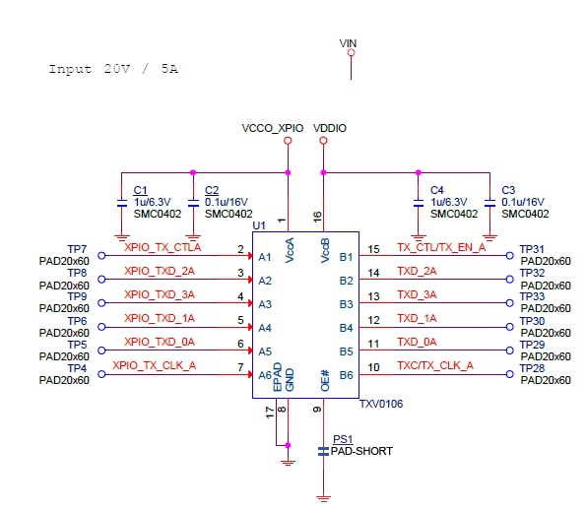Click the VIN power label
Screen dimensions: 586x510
coord(348,43)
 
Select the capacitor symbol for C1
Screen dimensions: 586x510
coord(122,203)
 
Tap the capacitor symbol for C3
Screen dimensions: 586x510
coord(489,203)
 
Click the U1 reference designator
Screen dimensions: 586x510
coord(259,225)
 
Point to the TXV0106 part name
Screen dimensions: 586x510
coord(381,404)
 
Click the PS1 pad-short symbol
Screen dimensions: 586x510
coord(323,451)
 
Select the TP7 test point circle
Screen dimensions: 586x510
coord(101,256)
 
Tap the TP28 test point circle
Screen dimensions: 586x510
coord(509,374)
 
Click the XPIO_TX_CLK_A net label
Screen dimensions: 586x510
coord(155,365)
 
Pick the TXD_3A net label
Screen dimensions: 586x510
coord(417,294)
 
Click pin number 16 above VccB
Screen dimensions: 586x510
coord(317,217)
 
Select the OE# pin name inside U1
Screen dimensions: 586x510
coord(325,381)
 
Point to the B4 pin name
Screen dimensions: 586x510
coord(346,328)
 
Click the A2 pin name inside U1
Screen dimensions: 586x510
coord(265,281)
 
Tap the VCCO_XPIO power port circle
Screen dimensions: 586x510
coord(288,141)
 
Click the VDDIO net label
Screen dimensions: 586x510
coord(330,128)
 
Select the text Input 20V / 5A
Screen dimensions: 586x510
coord(113,69)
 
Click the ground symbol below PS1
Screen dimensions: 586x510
coord(323,498)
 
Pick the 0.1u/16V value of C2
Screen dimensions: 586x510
coord(227,202)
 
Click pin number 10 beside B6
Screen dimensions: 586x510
coord(373,367)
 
